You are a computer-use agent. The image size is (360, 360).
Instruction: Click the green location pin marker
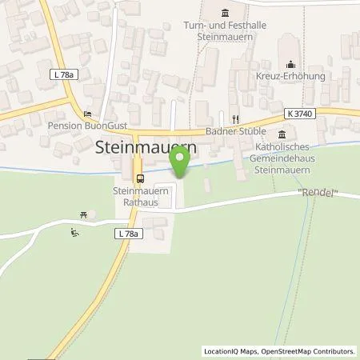182,162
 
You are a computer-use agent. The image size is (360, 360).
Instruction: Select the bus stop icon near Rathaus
140,178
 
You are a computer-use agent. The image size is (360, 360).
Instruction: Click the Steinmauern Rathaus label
135,197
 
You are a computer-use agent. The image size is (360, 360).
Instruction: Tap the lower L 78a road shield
127,233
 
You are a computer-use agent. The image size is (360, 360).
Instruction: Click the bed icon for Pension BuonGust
87,114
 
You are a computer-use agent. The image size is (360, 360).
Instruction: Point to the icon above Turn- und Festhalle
223,12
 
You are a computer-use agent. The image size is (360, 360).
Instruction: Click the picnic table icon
82,214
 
